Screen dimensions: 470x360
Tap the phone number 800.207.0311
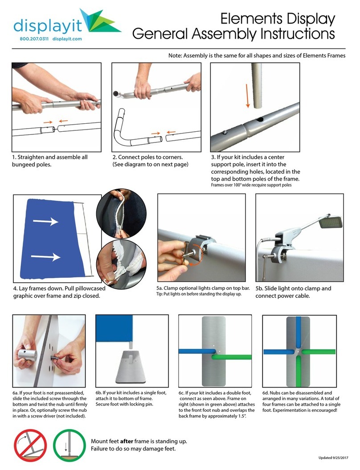point(34,39)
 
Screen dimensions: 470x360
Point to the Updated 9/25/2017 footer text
point(330,458)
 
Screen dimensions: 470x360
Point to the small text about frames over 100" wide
point(251,185)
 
